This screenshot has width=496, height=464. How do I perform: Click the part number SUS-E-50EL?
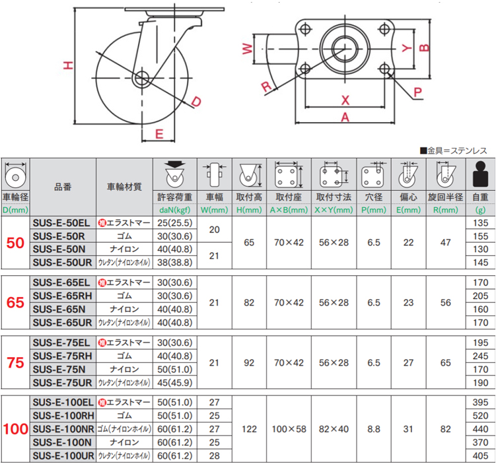click(61, 223)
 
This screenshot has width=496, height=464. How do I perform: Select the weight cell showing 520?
click(480, 416)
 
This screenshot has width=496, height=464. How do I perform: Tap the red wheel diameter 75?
click(15, 362)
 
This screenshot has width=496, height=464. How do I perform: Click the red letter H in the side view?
click(68, 65)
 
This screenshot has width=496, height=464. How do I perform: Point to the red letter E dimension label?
click(159, 134)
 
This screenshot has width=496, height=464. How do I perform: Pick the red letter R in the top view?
click(266, 86)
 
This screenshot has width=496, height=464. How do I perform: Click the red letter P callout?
click(417, 92)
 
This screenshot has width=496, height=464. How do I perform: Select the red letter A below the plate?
click(345, 117)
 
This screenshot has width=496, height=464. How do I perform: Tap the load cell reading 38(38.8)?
click(175, 262)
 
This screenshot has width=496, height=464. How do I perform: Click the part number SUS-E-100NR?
click(63, 429)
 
